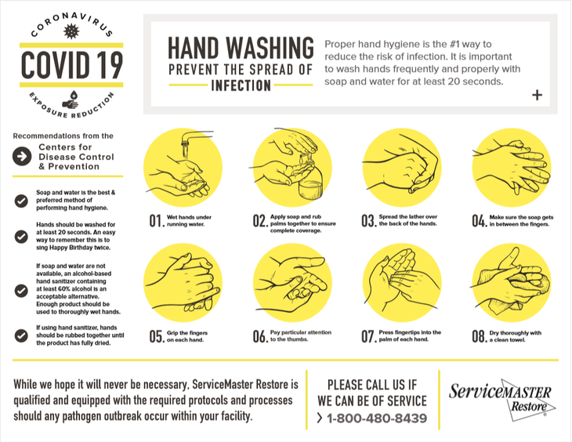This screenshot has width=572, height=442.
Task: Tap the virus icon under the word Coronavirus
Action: pyautogui.click(x=71, y=32)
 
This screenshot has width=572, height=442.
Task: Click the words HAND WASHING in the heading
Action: pyautogui.click(x=241, y=49)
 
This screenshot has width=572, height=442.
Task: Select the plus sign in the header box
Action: pyautogui.click(x=537, y=95)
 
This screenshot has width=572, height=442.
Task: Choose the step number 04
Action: pyautogui.click(x=479, y=222)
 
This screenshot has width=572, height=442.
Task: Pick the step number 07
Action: pyautogui.click(x=368, y=336)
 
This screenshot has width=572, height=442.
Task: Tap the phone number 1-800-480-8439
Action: pyautogui.click(x=377, y=418)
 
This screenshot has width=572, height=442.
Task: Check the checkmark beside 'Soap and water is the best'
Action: pyautogui.click(x=21, y=200)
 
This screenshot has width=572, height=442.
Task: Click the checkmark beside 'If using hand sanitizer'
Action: pyautogui.click(x=21, y=335)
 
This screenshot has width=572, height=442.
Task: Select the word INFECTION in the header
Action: pyautogui.click(x=241, y=85)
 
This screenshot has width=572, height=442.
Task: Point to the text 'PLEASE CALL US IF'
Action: pyautogui.click(x=372, y=383)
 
